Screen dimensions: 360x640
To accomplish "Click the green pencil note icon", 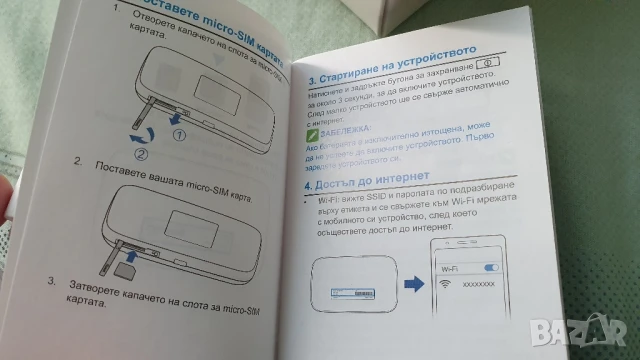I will point(314,131).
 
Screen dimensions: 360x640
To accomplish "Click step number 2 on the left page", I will point(79,160).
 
